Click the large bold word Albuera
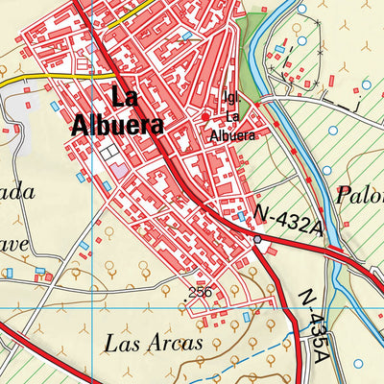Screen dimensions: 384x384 (117, 125)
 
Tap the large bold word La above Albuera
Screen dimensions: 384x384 (125, 97)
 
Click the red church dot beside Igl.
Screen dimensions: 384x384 (204, 117)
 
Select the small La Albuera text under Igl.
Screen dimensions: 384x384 (232, 127)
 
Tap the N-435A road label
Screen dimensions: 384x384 (314, 326)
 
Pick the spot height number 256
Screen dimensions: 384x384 (200, 293)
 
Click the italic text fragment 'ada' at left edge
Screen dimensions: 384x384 (16, 192)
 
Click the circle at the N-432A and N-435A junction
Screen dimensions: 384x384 (256, 240)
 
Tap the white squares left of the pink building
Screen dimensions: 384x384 (108, 154)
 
